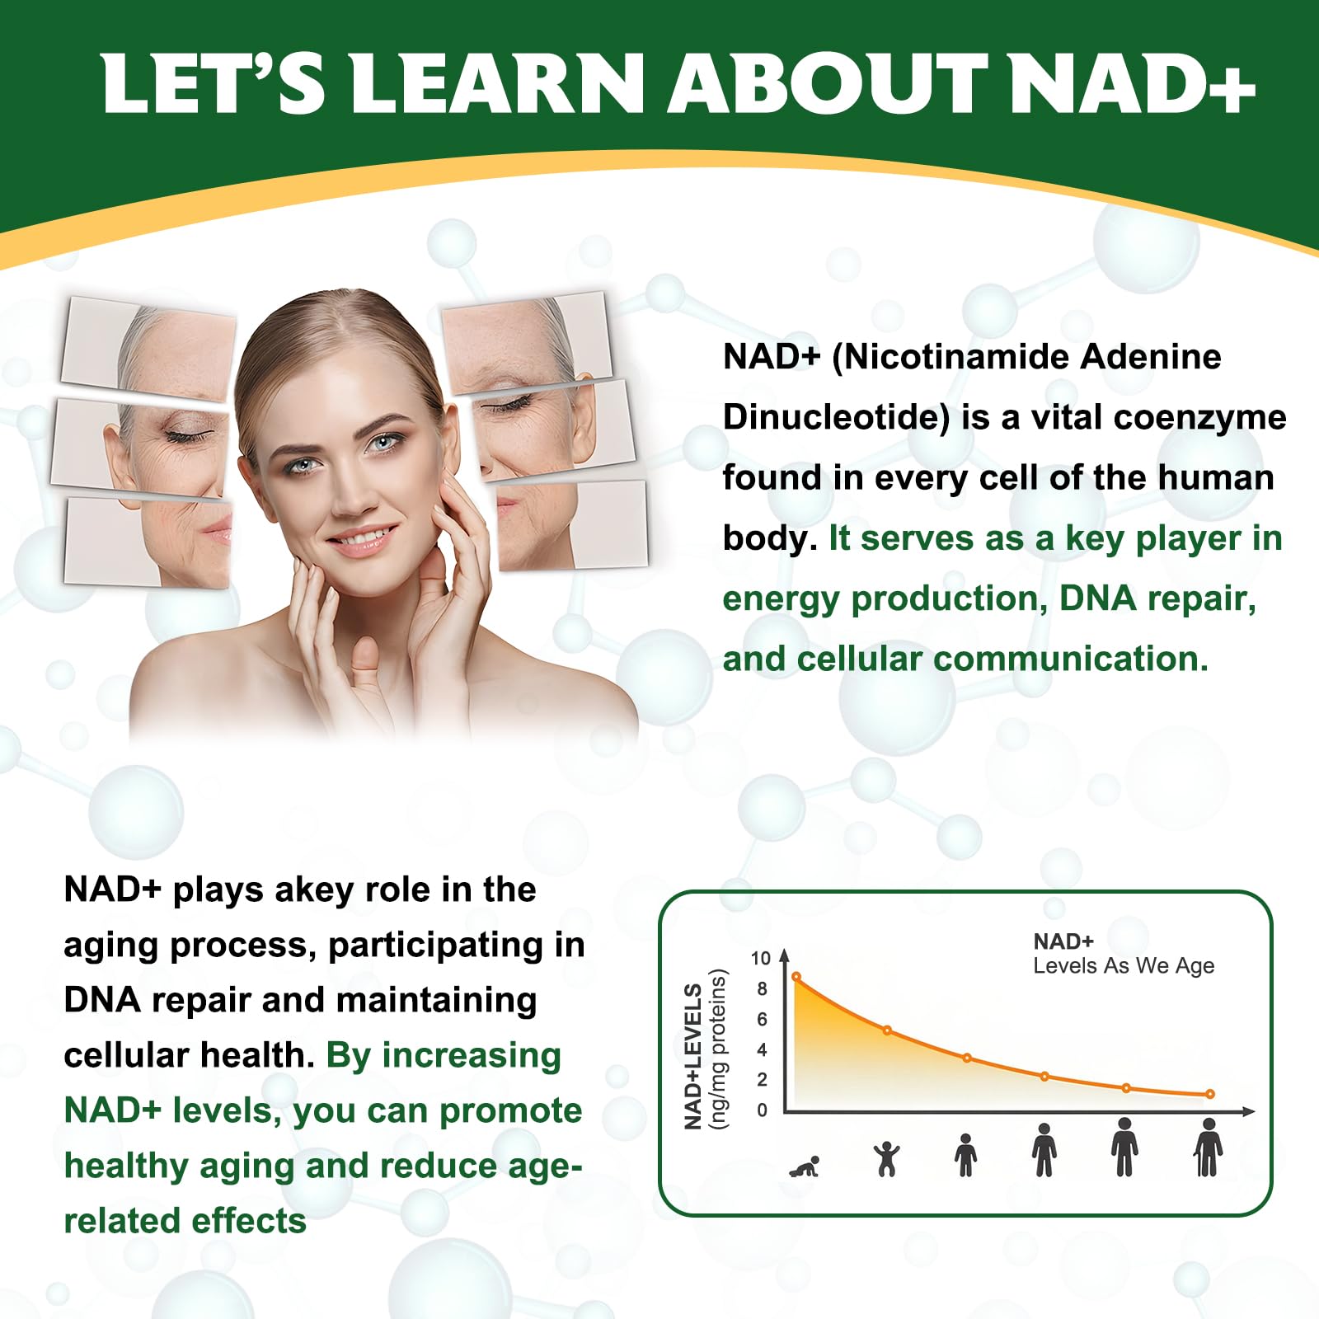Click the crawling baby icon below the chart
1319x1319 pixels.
[x=805, y=1166]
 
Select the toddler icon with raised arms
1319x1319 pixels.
[x=887, y=1158]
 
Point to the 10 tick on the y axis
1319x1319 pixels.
[x=760, y=958]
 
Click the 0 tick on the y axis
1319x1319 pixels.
[x=762, y=1110]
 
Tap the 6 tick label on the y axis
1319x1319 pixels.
[x=762, y=1019]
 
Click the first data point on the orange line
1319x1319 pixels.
[x=796, y=977]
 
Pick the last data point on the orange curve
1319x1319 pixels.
[x=1210, y=1094]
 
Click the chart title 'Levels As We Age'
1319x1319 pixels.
[x=1124, y=965]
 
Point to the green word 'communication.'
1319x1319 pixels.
[x=1071, y=659]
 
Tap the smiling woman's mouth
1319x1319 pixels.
[x=359, y=540]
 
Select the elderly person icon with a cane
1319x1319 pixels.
[x=1208, y=1148]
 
